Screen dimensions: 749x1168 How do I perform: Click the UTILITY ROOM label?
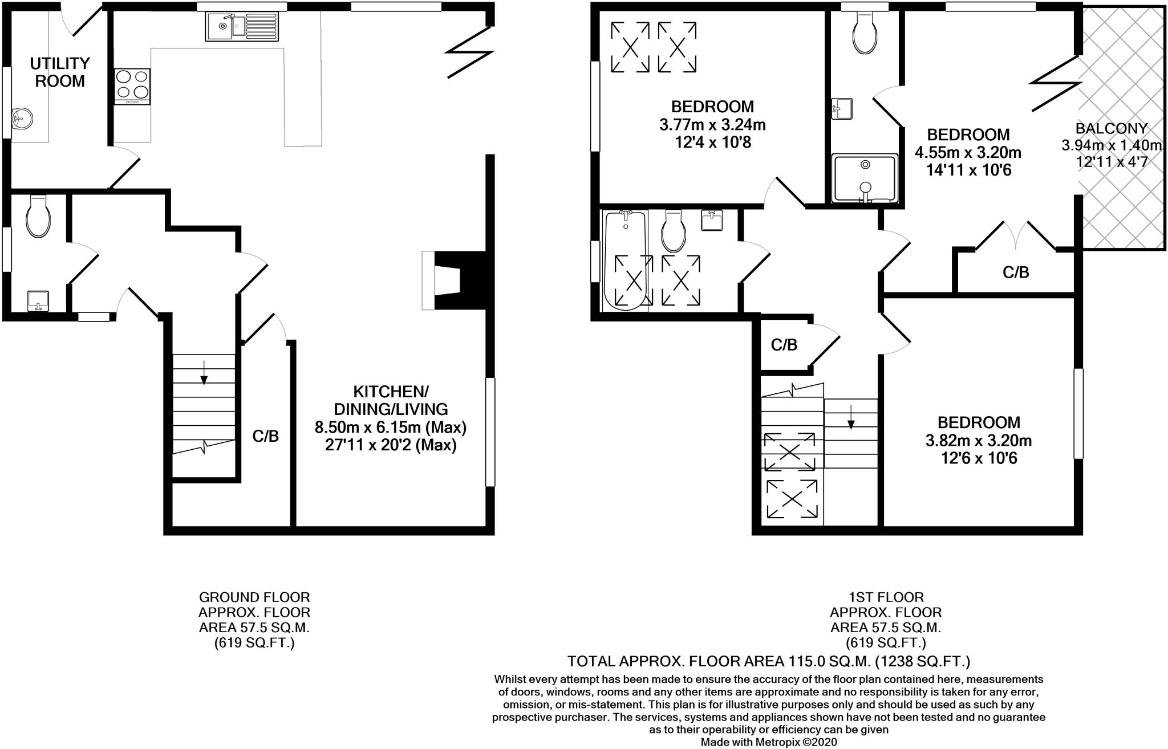pos(60,72)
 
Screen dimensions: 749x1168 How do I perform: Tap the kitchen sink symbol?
pos(242,26)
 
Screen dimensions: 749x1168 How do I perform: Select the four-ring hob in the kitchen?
pos(132,86)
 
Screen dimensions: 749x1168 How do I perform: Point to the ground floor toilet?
pos(39,217)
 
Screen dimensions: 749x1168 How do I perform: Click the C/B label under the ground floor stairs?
pos(266,437)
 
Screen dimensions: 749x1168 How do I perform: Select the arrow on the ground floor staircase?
pos(204,376)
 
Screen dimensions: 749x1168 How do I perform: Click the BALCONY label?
pos(1111,128)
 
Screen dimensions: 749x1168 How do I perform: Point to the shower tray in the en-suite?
pos(865,178)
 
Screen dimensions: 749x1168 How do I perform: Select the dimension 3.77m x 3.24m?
pos(712,124)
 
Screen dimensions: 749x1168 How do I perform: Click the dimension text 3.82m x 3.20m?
pos(979,441)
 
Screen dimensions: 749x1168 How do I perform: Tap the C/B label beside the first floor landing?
pos(784,345)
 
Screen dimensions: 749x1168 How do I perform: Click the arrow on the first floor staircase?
pos(851,420)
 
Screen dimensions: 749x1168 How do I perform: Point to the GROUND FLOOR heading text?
pos(254,597)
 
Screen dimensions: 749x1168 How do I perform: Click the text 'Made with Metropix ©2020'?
pos(769,742)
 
